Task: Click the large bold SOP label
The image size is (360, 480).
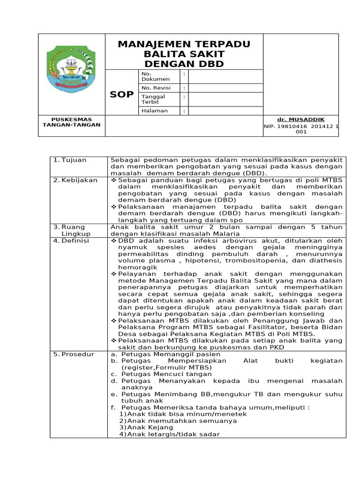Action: pyautogui.click(x=121, y=95)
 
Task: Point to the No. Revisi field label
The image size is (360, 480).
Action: pyautogui.click(x=156, y=88)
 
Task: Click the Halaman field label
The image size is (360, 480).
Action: pyautogui.click(x=154, y=111)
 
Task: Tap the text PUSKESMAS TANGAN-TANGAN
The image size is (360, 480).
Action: pyautogui.click(x=72, y=122)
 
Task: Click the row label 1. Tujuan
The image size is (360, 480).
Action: pyautogui.click(x=70, y=160)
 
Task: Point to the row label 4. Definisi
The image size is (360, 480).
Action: pyautogui.click(x=74, y=240)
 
